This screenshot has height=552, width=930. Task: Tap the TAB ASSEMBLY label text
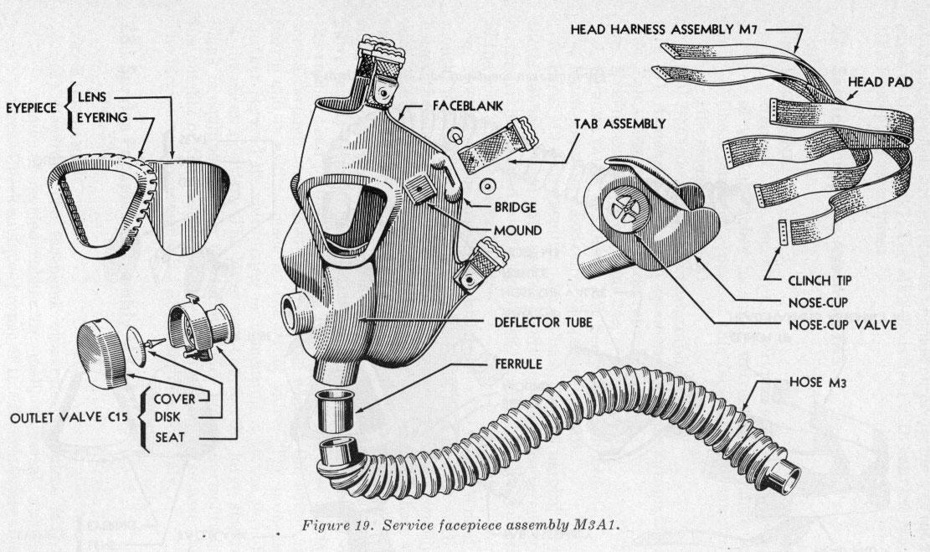click(x=619, y=123)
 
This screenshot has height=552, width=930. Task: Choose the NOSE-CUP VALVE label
click(x=845, y=324)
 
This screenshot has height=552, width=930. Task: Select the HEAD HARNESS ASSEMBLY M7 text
click(x=680, y=29)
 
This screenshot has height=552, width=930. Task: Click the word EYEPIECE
click(x=33, y=106)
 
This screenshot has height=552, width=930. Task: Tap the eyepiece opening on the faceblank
click(x=343, y=218)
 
